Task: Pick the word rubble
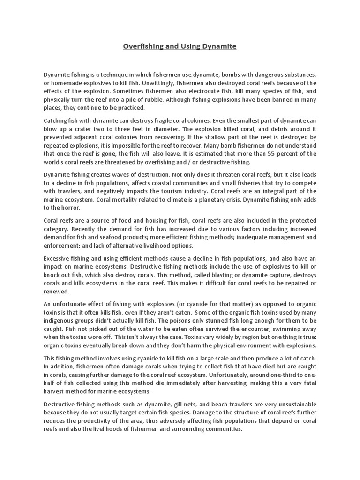click(185, 99)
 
